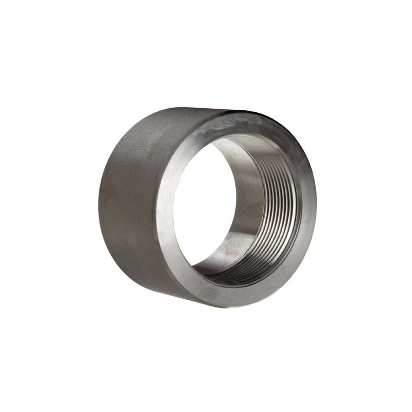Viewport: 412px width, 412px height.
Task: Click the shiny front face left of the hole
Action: click(x=167, y=206)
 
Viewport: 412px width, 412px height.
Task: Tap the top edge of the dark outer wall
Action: click(x=170, y=110)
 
